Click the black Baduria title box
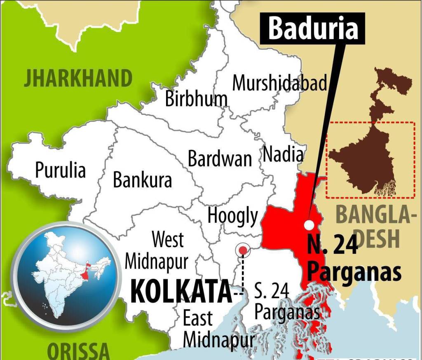pyautogui.click(x=314, y=28)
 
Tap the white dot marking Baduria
pyautogui.click(x=309, y=224)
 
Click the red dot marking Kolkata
pyautogui.click(x=243, y=250)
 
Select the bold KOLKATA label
pyautogui.click(x=181, y=291)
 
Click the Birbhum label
pyautogui.click(x=196, y=99)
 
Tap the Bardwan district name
pyautogui.click(x=220, y=159)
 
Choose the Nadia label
pyautogui.click(x=283, y=154)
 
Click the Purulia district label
pyautogui.click(x=60, y=169)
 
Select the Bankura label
pyautogui.click(x=142, y=180)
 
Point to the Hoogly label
pyautogui.click(x=233, y=215)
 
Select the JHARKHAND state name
pyautogui.click(x=78, y=78)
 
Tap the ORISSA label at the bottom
pyautogui.click(x=78, y=351)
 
